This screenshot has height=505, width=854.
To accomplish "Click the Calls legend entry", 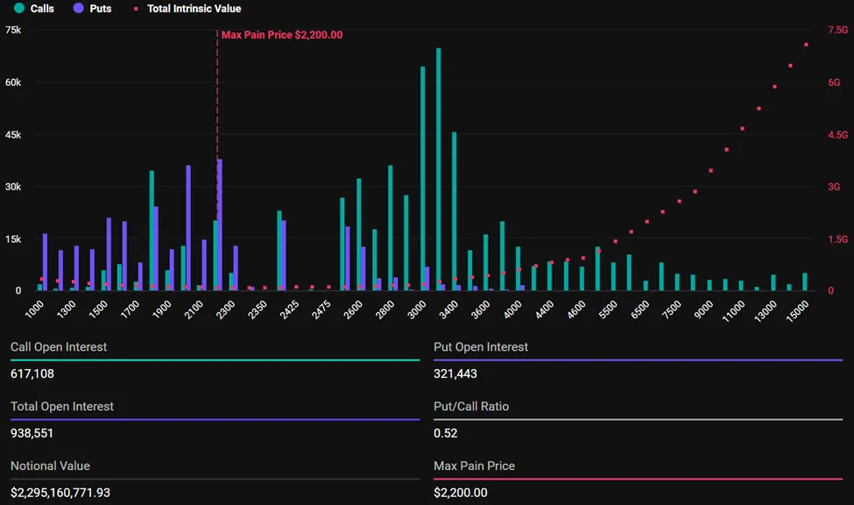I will click(35, 9).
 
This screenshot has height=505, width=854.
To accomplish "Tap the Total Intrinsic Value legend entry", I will click(187, 9).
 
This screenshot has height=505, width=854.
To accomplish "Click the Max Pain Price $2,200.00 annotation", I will click(282, 35).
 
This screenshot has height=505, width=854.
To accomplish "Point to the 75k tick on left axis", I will click(13, 30).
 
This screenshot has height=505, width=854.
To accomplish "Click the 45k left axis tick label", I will click(13, 135).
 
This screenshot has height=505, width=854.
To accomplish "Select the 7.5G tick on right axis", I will click(838, 30).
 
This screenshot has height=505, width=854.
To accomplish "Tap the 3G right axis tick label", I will click(834, 187).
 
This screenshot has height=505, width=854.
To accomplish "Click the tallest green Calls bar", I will click(438, 167).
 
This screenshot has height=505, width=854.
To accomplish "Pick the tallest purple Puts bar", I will click(220, 224).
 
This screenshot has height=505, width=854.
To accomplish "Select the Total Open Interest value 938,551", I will click(32, 433).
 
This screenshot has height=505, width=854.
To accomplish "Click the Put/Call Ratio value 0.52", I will click(445, 433).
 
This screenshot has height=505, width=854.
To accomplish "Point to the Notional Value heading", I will click(50, 466).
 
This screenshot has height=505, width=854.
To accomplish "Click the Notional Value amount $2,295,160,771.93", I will click(60, 493).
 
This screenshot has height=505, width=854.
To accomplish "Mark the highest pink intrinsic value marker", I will click(806, 45).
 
